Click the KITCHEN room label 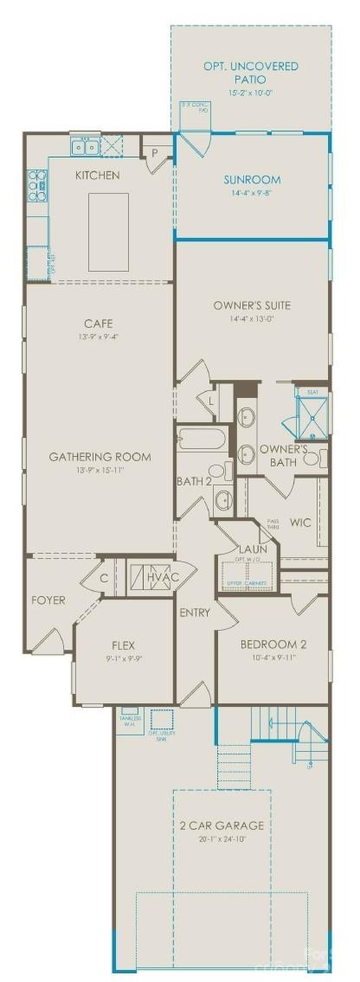tap(97, 176)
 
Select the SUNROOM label tap(252, 180)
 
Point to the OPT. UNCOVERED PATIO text tap(251, 73)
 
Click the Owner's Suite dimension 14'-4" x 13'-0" tap(251, 318)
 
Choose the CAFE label tap(100, 323)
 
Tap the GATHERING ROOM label tap(100, 457)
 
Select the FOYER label tap(48, 600)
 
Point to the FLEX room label tap(125, 645)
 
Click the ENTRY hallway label tap(195, 613)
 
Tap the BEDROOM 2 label tap(273, 644)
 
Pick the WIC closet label tap(300, 522)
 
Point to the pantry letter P tap(154, 152)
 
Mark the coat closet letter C tap(103, 578)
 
